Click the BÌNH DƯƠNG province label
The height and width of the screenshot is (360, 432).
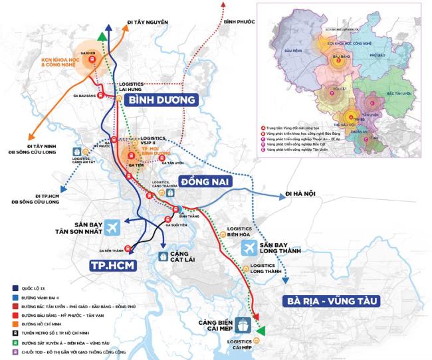[x=161, y=100]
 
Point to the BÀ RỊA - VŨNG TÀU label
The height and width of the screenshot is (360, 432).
[x=330, y=301]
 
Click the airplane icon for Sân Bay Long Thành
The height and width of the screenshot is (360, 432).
[x=249, y=248]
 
